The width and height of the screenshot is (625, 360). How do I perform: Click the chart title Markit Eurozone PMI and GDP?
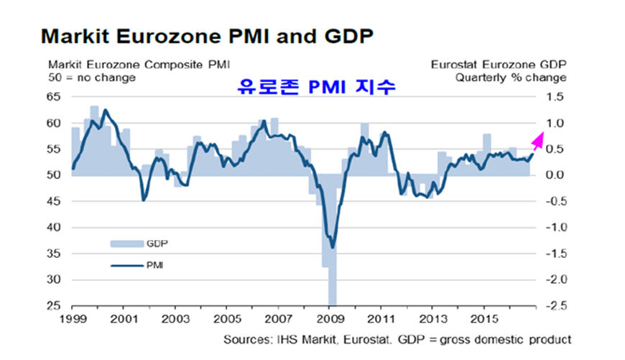click(208, 35)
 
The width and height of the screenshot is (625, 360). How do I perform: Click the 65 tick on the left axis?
click(55, 97)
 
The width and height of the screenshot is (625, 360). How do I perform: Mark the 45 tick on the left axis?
click(55, 201)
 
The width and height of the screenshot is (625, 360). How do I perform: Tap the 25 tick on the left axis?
click(55, 305)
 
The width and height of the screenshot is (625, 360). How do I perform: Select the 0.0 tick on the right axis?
click(557, 175)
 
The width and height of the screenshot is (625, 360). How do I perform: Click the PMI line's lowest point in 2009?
click(332, 247)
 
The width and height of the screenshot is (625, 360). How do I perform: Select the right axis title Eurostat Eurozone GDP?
click(498, 64)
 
